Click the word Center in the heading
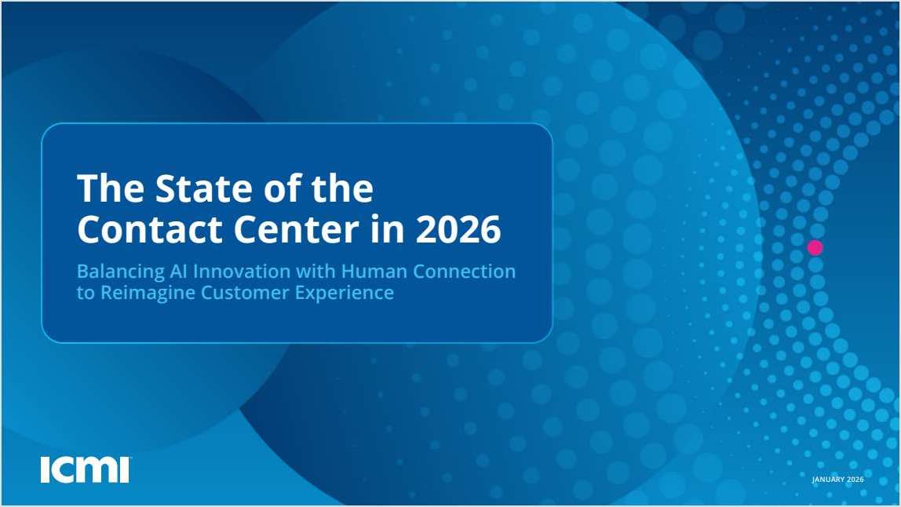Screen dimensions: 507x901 pos(299,229)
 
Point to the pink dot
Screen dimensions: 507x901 pos(815,247)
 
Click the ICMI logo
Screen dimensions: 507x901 pos(85,469)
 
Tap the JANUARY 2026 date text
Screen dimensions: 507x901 pos(837,480)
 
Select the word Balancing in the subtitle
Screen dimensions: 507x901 pos(120,272)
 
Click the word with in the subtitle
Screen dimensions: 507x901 pos(314,272)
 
